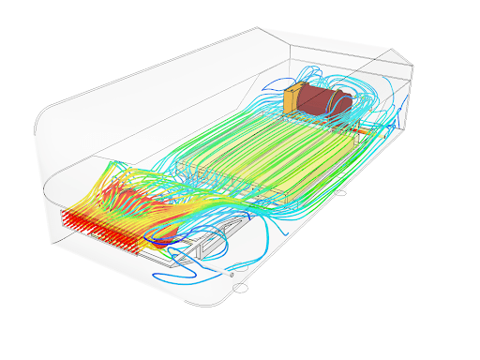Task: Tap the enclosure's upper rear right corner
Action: pyautogui.click(x=412, y=64)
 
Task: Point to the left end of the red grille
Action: pyautogui.click(x=63, y=217)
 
